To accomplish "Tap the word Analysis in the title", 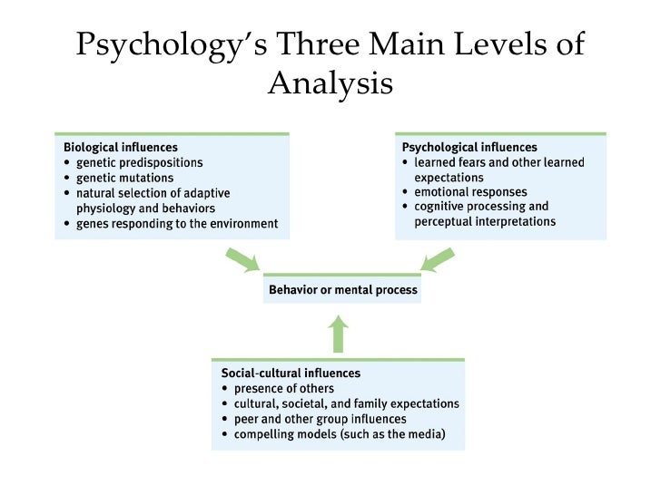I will point(330,83).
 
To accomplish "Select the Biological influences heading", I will point(120,146).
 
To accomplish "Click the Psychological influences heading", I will point(469,147).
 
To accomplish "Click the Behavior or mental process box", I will point(343,291).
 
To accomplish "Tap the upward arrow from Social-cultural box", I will point(338,333).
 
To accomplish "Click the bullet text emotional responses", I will point(467,193).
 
